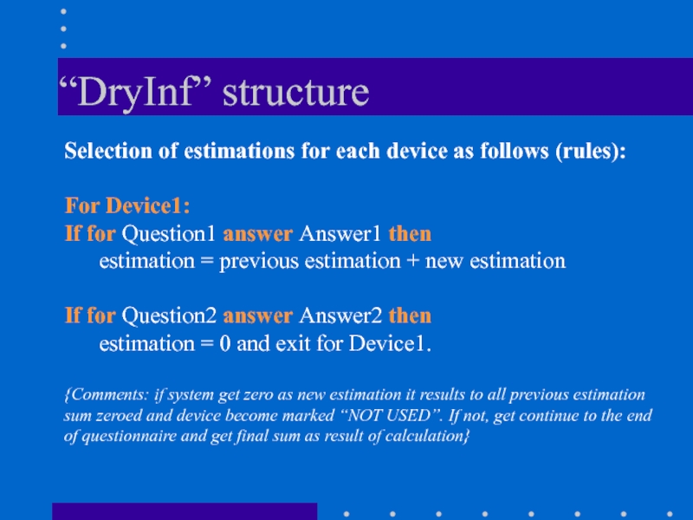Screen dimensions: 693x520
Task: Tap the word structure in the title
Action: click(x=295, y=93)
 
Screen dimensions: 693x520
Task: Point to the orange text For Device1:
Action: click(x=127, y=205)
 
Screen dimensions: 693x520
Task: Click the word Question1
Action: click(x=168, y=234)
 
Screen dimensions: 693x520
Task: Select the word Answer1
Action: click(x=340, y=234)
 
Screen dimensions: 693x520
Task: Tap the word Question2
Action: click(x=169, y=316)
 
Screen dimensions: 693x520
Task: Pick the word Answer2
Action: click(x=340, y=315)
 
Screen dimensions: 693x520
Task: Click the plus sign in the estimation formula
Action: click(x=412, y=262)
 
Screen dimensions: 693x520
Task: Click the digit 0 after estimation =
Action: click(x=225, y=343)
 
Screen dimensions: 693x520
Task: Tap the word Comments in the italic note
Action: click(x=107, y=394)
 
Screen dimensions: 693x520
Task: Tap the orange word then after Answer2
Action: click(x=410, y=316)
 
